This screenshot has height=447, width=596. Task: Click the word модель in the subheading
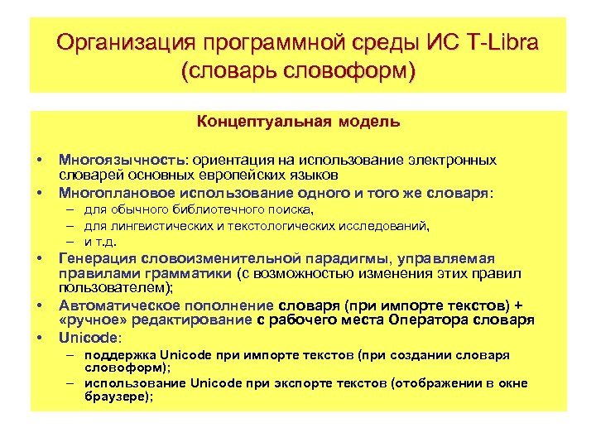pyautogui.click(x=369, y=123)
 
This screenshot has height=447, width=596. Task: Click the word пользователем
pyautogui.click(x=113, y=287)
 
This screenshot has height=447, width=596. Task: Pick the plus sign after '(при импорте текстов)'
pyautogui.click(x=519, y=304)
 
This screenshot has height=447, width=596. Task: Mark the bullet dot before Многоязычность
pyautogui.click(x=39, y=159)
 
